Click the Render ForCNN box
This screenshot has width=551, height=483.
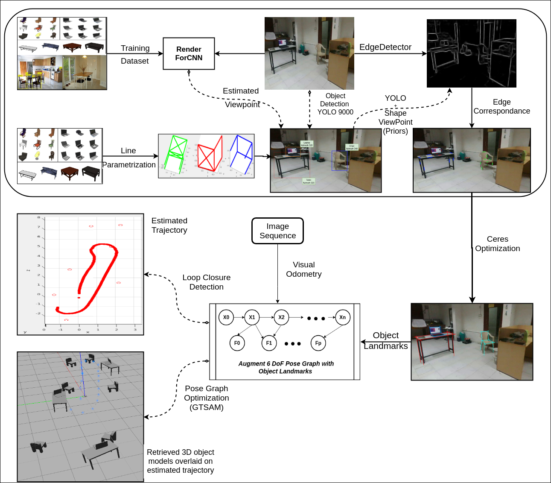pos(189,53)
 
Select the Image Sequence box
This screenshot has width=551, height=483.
pos(277,231)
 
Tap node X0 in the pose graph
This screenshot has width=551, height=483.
pos(226,317)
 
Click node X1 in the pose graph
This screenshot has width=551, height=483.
pos(252,317)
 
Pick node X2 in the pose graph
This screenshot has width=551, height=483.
pos(281,317)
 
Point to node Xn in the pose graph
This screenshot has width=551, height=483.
pos(342,317)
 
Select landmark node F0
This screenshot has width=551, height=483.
pos(237,343)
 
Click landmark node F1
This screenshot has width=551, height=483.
pos(269,343)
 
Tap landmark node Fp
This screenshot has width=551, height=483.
pos(318,343)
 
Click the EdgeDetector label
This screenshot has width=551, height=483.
pos(385,47)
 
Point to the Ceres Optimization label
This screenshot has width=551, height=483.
pos(497,244)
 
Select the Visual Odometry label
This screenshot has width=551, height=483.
pos(303,269)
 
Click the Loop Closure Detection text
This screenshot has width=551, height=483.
pos(206,282)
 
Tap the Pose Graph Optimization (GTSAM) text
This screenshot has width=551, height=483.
pos(206,398)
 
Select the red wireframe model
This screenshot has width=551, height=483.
pos(210,154)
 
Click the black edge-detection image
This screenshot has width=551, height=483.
pos(471,53)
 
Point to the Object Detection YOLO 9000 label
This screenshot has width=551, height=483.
pos(335,104)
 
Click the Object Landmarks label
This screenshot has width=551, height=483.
pos(385,341)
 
